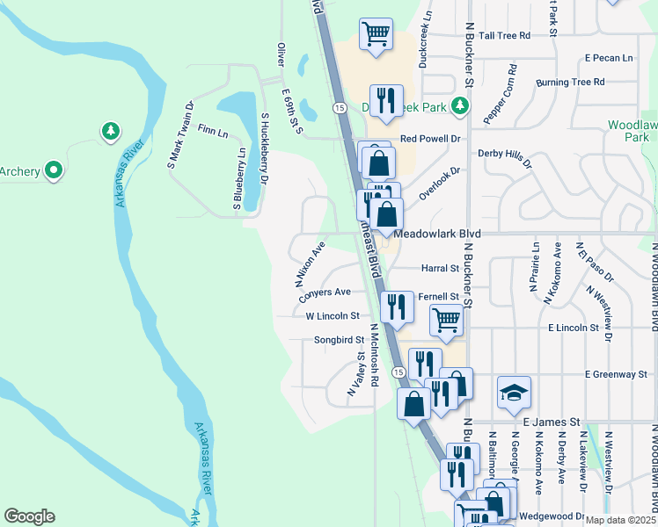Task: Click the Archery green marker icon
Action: tap(54, 170)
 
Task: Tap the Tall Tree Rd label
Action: tap(500, 35)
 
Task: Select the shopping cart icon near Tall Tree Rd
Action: tap(376, 34)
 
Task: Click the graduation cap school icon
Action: tap(514, 393)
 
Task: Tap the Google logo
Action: tap(29, 516)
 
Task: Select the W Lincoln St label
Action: tap(333, 315)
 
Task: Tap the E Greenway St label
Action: tap(616, 375)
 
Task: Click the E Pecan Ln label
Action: tap(609, 58)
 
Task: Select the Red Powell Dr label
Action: tap(430, 139)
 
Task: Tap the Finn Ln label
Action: tap(212, 133)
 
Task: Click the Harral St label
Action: tap(442, 268)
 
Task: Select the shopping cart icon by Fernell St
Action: tap(447, 321)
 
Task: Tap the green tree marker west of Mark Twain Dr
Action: tap(110, 132)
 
